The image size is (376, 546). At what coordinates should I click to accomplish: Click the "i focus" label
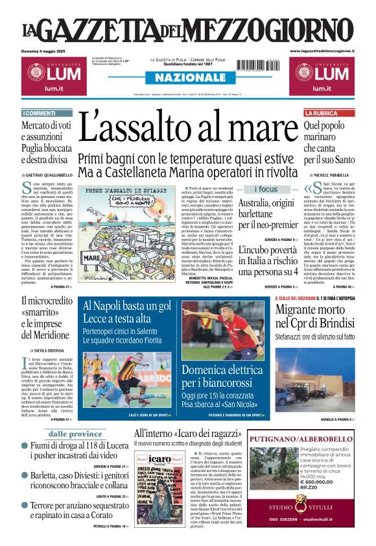coord(266,189)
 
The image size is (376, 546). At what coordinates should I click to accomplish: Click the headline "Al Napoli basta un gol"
coord(127,306)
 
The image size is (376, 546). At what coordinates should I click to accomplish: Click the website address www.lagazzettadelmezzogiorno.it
coord(322,51)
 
